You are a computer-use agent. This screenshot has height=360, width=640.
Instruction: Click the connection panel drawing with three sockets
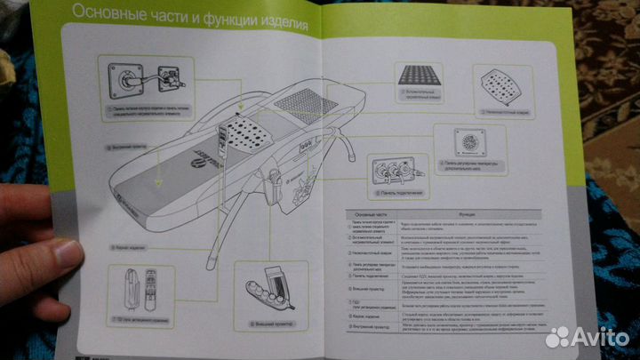point(388,169)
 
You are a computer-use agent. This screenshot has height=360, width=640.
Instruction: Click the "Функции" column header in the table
point(468,214)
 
